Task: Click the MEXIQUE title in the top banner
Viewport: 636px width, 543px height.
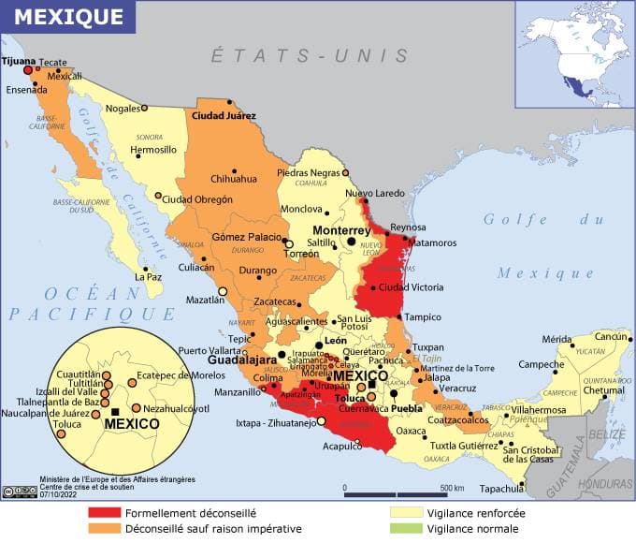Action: [67, 17]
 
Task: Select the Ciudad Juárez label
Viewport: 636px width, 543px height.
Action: [224, 116]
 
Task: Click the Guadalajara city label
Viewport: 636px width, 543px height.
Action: [241, 360]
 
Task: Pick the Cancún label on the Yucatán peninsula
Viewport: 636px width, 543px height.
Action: [612, 336]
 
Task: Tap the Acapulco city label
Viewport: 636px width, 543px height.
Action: [341, 446]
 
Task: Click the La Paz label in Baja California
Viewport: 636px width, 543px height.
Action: [149, 277]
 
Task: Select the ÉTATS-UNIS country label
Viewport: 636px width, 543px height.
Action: [310, 56]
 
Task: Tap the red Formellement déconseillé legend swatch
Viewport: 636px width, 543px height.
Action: [106, 513]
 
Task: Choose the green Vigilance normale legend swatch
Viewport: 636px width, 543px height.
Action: [407, 529]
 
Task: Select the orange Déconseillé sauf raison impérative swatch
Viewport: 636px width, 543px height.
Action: [106, 529]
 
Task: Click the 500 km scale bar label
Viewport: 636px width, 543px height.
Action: [453, 488]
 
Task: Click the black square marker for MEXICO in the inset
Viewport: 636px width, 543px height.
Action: [115, 411]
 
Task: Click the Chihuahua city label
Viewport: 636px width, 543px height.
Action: [233, 179]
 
